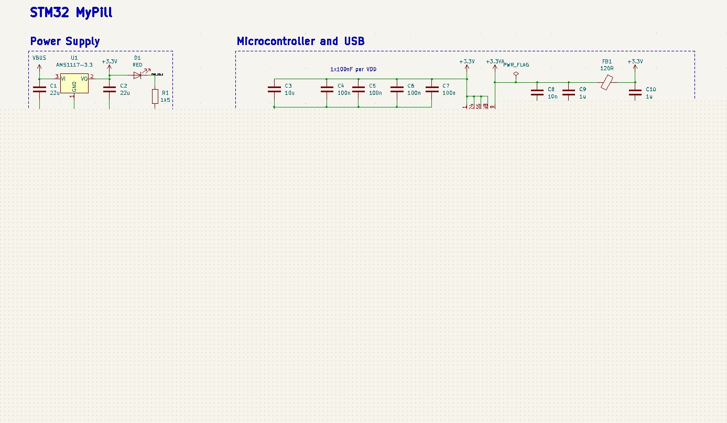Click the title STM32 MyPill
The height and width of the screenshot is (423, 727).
pyautogui.click(x=71, y=13)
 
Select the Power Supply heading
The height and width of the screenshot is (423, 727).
pyautogui.click(x=64, y=41)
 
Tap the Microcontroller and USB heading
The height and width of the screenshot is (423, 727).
pyautogui.click(x=300, y=41)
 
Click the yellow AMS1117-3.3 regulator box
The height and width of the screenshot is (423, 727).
pyautogui.click(x=74, y=84)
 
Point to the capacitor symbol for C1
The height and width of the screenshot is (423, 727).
pyautogui.click(x=39, y=89)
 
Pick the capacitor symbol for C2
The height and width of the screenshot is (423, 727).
pyautogui.click(x=109, y=89)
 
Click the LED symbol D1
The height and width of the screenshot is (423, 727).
pyautogui.click(x=137, y=75)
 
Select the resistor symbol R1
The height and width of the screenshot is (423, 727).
pyautogui.click(x=155, y=96)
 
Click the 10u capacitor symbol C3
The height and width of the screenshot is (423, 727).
pyautogui.click(x=274, y=89)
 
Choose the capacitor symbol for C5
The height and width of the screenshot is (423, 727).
pyautogui.click(x=358, y=89)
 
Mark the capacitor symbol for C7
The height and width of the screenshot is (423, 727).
pyautogui.click(x=431, y=89)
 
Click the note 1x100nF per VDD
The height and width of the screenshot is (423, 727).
pyautogui.click(x=353, y=69)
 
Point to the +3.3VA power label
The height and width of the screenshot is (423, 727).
pyautogui.click(x=495, y=62)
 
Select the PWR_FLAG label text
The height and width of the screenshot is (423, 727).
pyautogui.click(x=516, y=65)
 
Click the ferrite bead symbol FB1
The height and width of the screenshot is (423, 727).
pyautogui.click(x=607, y=82)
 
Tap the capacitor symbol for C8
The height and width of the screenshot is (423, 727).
pyautogui.click(x=537, y=93)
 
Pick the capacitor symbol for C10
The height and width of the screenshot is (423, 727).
pyautogui.click(x=635, y=93)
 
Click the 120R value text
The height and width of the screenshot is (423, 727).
pyautogui.click(x=607, y=68)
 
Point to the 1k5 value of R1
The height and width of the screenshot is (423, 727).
pyautogui.click(x=165, y=100)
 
